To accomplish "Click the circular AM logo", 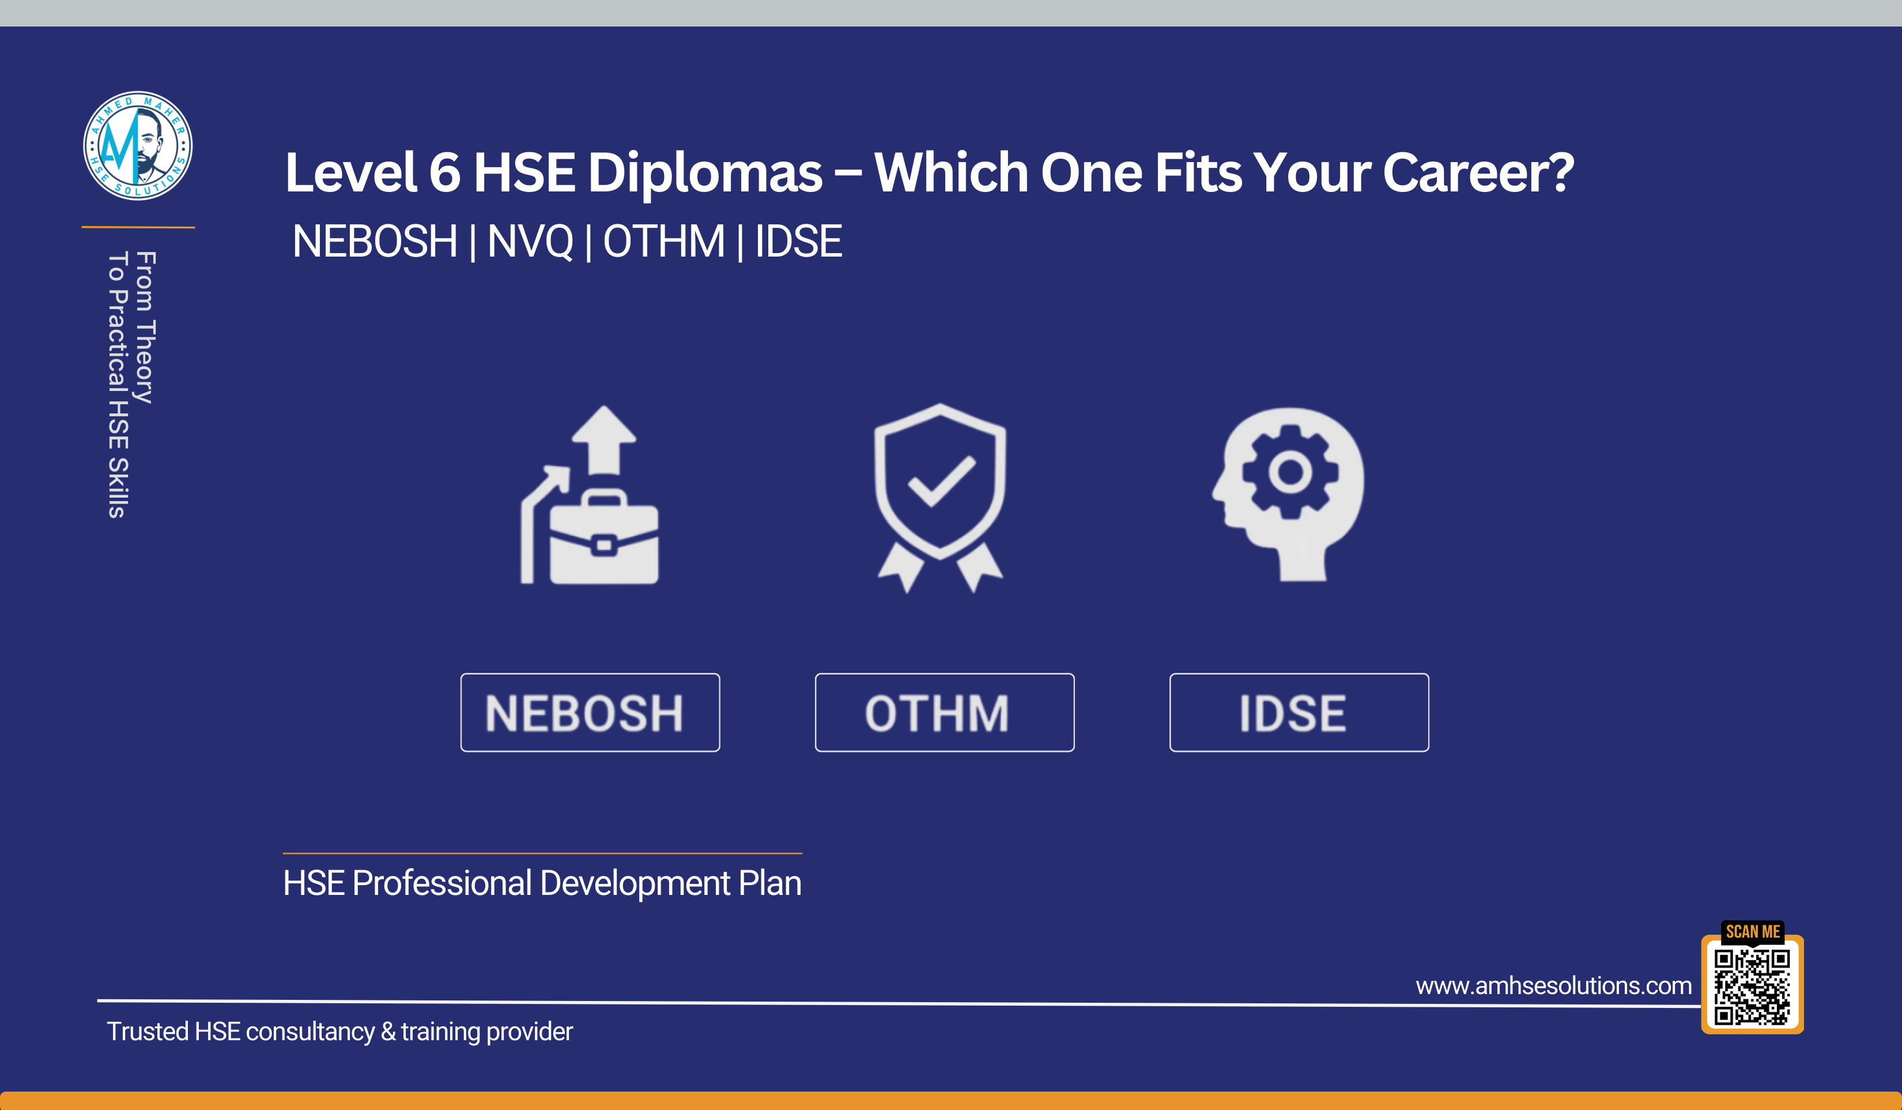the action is (x=137, y=146).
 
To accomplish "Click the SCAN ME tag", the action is (x=1753, y=932).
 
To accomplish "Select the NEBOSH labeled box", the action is (x=590, y=712).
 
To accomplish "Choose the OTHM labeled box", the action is (x=944, y=712).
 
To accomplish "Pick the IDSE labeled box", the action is (x=1299, y=712).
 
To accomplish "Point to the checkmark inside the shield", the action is (x=941, y=481).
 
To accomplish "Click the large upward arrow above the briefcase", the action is (x=604, y=440).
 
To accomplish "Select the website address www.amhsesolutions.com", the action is (x=1553, y=985).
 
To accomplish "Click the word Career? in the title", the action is (x=1478, y=173).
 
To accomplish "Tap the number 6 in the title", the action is (x=444, y=172).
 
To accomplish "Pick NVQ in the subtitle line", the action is (x=530, y=242).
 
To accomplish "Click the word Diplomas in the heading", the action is (x=705, y=174).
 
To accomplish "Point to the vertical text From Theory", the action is (x=145, y=327).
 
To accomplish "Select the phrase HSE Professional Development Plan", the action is (x=542, y=883).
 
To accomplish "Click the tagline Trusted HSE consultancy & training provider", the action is (x=339, y=1032).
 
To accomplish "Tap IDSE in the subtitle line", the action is (x=798, y=242).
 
